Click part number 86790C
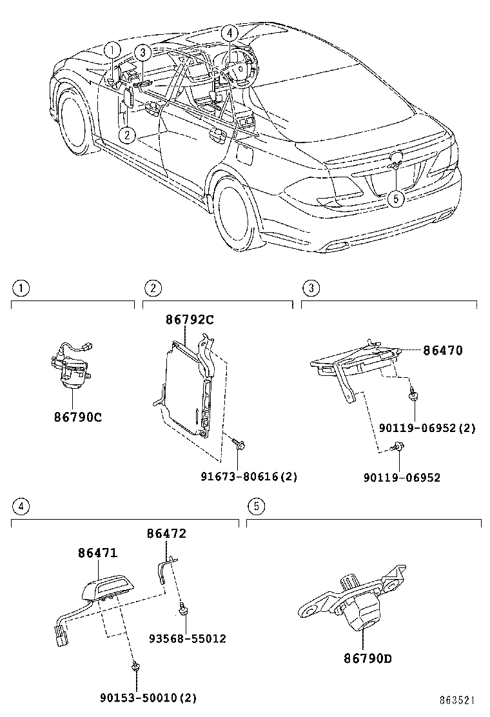coord(77,417)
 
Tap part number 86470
coord(443,351)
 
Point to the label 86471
coord(98,553)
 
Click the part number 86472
coord(166,533)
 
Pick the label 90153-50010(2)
coord(148,697)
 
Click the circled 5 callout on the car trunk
coord(396,199)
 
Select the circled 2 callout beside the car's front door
coord(128,134)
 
